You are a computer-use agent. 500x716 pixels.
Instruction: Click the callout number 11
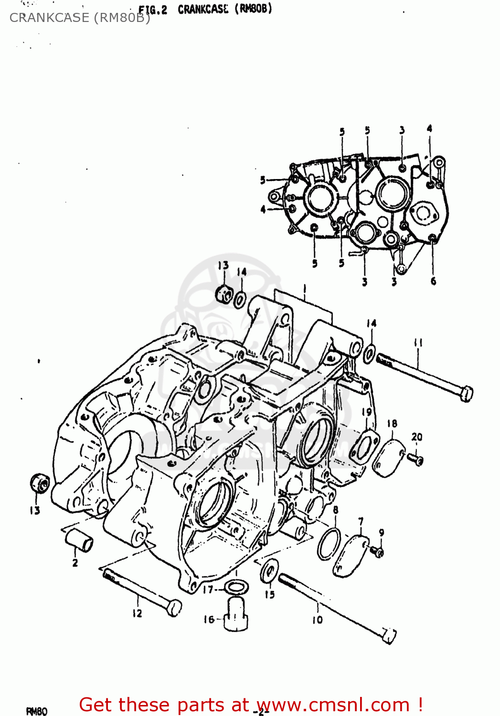pos(418,343)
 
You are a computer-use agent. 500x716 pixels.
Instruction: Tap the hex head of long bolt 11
pos(466,393)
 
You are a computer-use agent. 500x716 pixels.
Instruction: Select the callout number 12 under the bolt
pos(138,613)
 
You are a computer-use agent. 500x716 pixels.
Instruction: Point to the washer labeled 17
pos(236,587)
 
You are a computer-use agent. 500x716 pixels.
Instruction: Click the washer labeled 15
pos(270,570)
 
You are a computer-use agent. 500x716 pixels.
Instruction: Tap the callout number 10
pos(318,620)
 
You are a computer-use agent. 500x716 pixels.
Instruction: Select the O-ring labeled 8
pos(329,544)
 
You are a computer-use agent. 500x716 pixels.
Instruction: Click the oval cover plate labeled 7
pos(351,556)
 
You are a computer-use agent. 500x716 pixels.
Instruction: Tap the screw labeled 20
pos(416,460)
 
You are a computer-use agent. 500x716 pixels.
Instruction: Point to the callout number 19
pos(367,411)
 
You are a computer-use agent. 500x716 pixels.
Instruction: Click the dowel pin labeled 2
pos(79,540)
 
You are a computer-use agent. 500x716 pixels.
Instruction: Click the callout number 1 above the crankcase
pos(304,289)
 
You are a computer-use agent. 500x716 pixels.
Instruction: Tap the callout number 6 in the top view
pos(433,281)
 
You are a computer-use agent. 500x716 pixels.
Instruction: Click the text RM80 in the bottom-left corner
pos(36,711)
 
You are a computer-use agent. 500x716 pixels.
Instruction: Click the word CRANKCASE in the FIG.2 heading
pos(203,9)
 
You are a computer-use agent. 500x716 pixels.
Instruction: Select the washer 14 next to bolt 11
pos(369,354)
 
